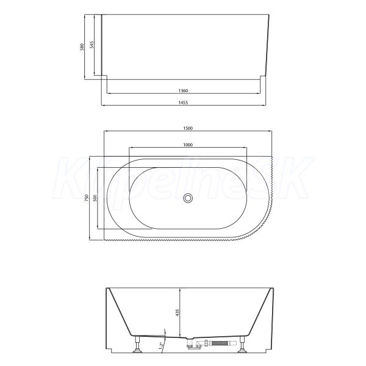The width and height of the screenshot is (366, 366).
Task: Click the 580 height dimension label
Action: coord(82,48)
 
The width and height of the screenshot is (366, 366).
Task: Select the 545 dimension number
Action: coord(91,45)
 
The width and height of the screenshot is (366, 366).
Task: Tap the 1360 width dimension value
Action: coord(183,90)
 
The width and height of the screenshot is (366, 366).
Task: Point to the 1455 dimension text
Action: coord(183,102)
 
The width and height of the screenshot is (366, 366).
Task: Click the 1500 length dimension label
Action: coord(188,128)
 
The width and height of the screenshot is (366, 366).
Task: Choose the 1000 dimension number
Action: coord(188,145)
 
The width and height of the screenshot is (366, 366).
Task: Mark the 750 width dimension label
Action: coord(87,198)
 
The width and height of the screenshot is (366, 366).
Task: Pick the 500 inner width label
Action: coord(95,198)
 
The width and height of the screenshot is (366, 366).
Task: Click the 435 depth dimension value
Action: coord(177,312)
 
